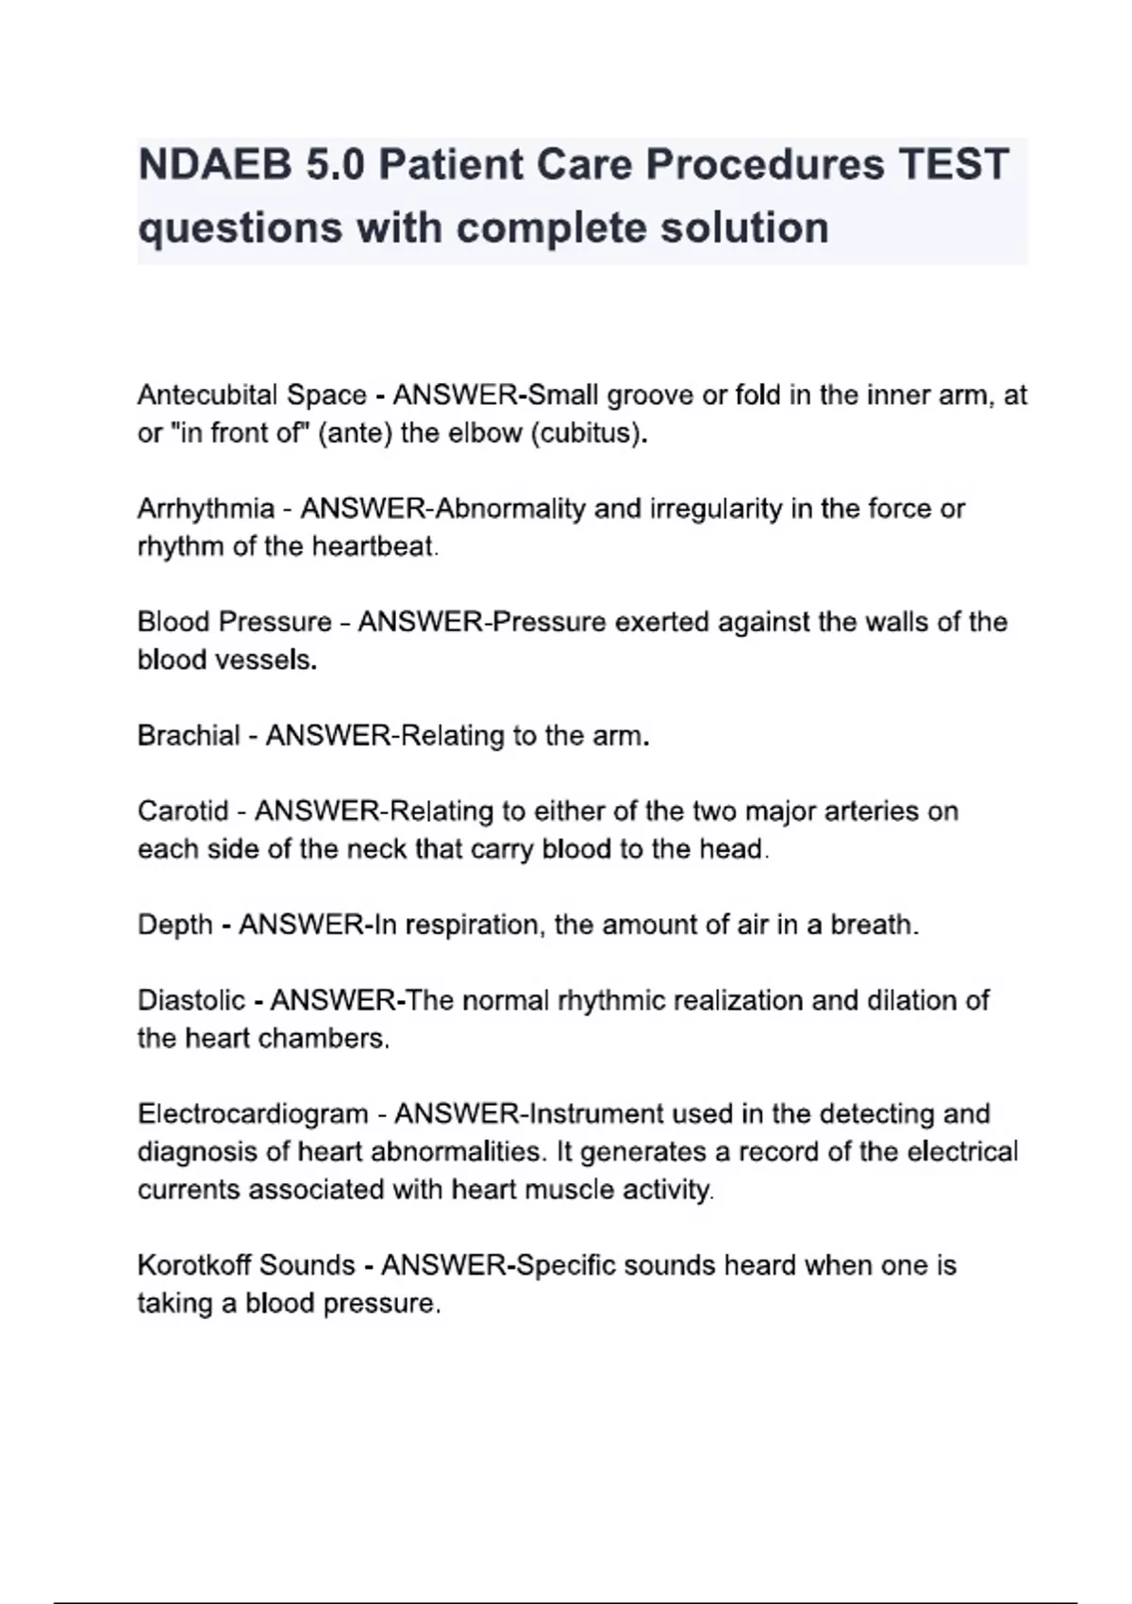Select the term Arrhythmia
pos(206,510)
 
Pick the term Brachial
pos(189,736)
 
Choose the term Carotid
pos(183,811)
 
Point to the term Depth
pos(175,925)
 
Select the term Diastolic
pos(191,1000)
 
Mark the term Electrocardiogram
pos(253,1114)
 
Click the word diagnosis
pos(198,1152)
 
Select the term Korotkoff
pos(194,1265)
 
